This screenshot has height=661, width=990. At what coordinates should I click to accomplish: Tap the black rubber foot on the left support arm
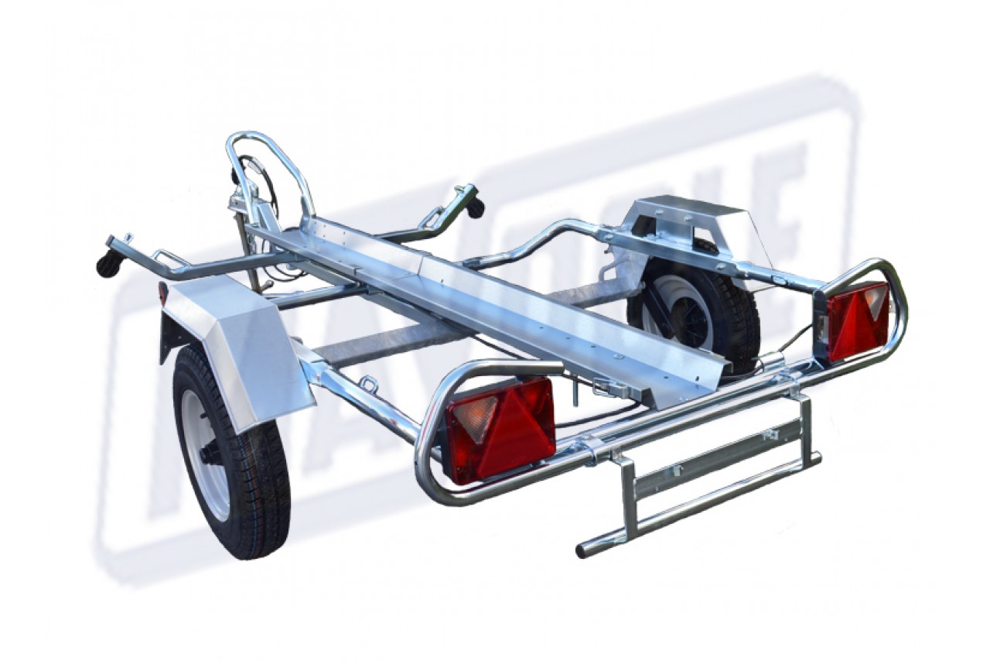point(106,264)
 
